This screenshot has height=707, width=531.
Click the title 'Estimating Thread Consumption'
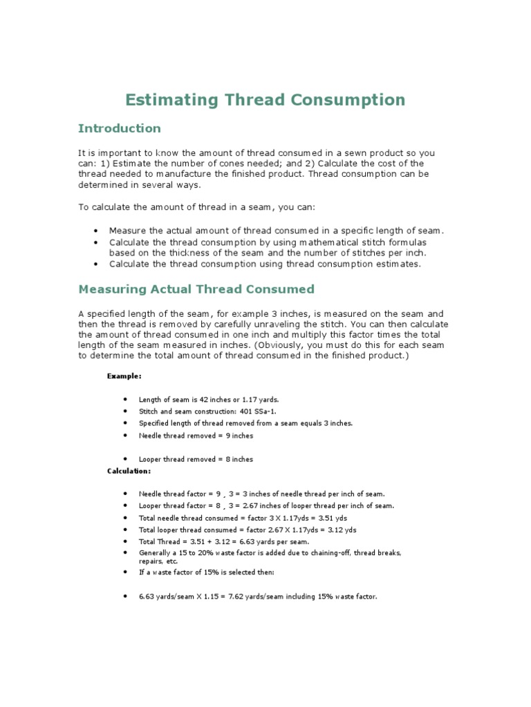[x=265, y=100]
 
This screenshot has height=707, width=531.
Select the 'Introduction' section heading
[x=119, y=128]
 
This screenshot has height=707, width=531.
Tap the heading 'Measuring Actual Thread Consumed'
[x=196, y=289]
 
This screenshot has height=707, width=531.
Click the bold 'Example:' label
[x=124, y=376]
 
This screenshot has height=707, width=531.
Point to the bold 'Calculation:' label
[x=129, y=471]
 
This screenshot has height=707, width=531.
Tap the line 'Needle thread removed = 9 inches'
[x=196, y=436]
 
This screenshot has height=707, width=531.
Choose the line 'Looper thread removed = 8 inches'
[x=196, y=459]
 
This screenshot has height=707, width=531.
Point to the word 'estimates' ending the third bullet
[x=397, y=264]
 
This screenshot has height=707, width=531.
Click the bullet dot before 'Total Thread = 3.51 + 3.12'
[x=124, y=542]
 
